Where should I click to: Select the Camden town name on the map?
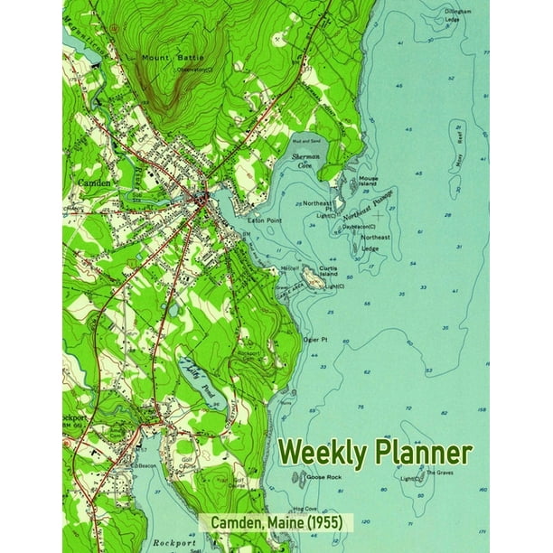93,183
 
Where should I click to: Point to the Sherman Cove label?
307,161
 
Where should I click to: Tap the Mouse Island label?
368,182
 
